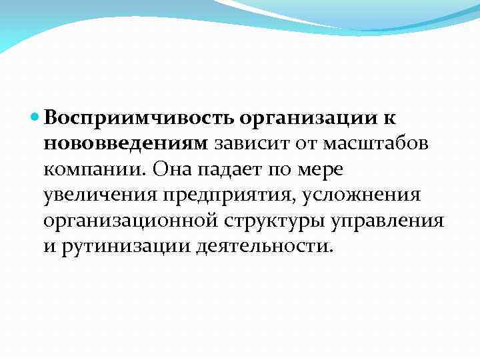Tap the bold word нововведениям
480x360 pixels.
[126, 143]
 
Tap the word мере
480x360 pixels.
[321, 169]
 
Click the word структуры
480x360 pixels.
[265, 221]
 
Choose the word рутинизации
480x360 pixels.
[125, 246]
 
